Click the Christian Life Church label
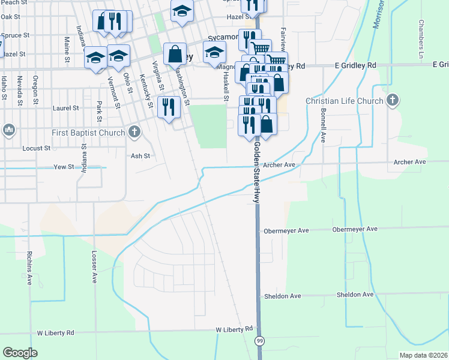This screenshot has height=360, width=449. (344, 101)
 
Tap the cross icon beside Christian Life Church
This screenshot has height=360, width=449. (393, 100)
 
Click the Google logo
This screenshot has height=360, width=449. (20, 353)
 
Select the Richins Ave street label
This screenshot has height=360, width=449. (28, 267)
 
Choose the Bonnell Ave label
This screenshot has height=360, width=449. (323, 125)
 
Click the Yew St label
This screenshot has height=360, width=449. (63, 166)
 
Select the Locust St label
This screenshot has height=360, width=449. (36, 148)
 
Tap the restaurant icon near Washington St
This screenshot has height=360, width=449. (167, 107)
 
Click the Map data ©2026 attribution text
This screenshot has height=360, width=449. (423, 355)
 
